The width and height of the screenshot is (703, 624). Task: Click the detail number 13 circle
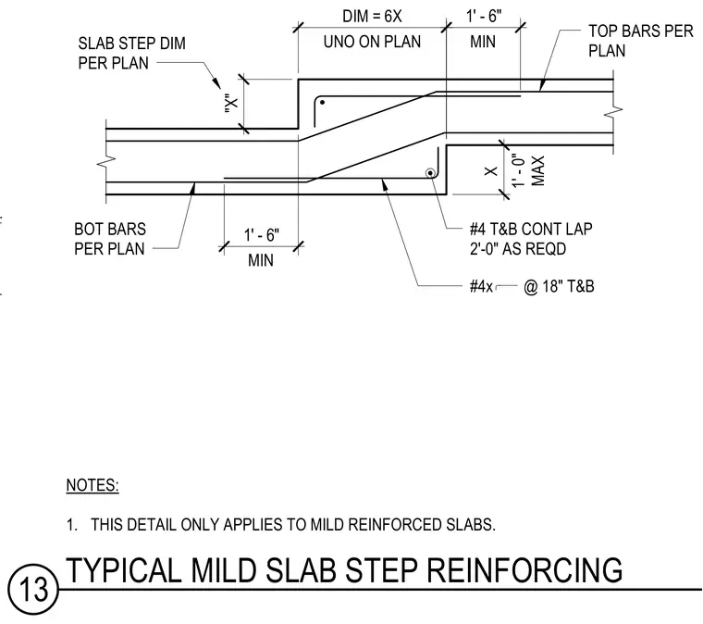[x=33, y=589]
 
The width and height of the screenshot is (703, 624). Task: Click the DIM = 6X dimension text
[x=372, y=16]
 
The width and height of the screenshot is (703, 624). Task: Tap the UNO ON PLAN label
[x=372, y=42]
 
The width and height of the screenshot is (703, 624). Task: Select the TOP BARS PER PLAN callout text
[x=641, y=41]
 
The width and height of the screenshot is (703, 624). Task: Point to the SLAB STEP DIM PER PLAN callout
[x=131, y=54]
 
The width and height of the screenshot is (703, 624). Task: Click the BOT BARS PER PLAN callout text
[x=110, y=239]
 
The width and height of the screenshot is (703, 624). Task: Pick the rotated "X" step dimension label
[x=231, y=104]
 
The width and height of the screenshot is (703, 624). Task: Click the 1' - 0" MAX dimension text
[x=528, y=171]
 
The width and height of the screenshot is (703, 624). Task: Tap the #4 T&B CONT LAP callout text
[x=531, y=230]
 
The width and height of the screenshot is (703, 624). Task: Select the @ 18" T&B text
[x=559, y=286]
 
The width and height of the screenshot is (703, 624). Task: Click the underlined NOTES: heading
[x=92, y=485]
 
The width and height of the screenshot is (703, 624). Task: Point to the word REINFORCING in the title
[x=524, y=570]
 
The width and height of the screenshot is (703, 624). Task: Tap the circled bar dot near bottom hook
[x=429, y=173]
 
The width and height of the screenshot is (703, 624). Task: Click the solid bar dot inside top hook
[x=322, y=103]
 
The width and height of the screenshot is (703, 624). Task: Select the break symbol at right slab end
[x=613, y=112]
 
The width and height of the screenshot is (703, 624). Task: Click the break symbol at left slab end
[x=106, y=161]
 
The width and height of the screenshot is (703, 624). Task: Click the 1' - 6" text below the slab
[x=261, y=234]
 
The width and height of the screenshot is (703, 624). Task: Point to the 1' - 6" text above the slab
[x=483, y=16]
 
